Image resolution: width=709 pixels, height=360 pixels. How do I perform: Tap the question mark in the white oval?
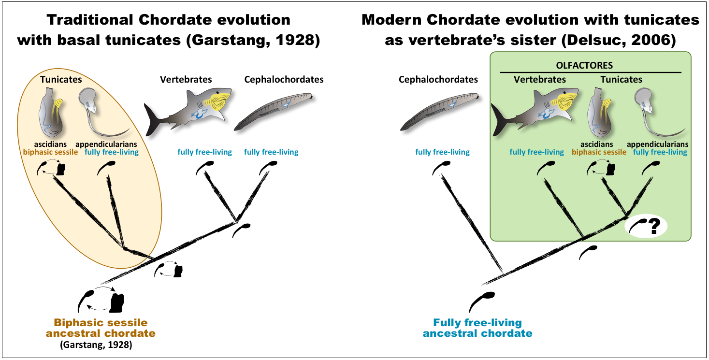(653, 226)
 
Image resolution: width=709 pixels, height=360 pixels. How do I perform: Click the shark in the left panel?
(188, 110)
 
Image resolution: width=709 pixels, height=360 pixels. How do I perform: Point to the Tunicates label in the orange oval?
(61, 79)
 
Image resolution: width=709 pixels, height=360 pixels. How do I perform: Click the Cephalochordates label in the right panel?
(438, 79)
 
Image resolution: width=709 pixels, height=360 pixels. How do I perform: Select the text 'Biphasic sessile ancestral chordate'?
(101, 328)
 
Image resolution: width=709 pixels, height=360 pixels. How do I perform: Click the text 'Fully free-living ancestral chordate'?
(477, 328)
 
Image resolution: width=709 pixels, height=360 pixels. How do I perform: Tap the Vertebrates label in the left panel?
(186, 79)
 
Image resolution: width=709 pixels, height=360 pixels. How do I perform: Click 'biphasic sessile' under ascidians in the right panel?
(599, 152)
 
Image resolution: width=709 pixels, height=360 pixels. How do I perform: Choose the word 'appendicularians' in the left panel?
(106, 144)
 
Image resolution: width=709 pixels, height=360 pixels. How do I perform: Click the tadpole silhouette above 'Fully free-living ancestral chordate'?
(481, 301)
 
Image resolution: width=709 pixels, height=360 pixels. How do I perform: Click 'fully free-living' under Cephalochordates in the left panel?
(271, 152)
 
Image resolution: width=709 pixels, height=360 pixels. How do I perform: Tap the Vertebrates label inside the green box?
(539, 79)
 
